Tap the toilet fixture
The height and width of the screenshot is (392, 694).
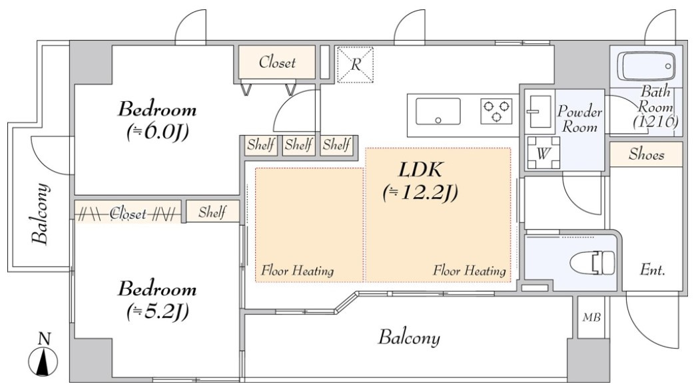[x=592, y=262]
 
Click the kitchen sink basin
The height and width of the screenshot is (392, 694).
[x=438, y=112]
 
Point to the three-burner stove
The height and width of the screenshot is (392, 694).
[x=496, y=111]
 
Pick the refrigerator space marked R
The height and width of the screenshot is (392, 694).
[x=355, y=65]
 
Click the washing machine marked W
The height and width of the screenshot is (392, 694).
[x=543, y=153]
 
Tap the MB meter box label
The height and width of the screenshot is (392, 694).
[x=591, y=317]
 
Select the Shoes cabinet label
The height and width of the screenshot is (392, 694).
[x=646, y=154]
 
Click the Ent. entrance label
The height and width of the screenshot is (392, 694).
[x=653, y=270]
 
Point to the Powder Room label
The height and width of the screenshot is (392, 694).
[x=580, y=119]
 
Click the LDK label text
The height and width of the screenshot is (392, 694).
[x=420, y=170]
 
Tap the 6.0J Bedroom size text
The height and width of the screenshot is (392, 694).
[x=157, y=131]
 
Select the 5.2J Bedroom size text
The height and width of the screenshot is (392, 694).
[x=157, y=311]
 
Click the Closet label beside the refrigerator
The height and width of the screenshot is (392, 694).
[x=277, y=63]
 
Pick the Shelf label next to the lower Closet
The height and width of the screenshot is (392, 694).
[x=212, y=212]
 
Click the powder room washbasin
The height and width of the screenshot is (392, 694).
[x=540, y=112]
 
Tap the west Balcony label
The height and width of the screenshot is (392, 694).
[x=40, y=213]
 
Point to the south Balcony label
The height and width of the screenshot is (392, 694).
[x=409, y=337]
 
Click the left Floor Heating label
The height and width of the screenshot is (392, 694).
[x=297, y=270]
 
